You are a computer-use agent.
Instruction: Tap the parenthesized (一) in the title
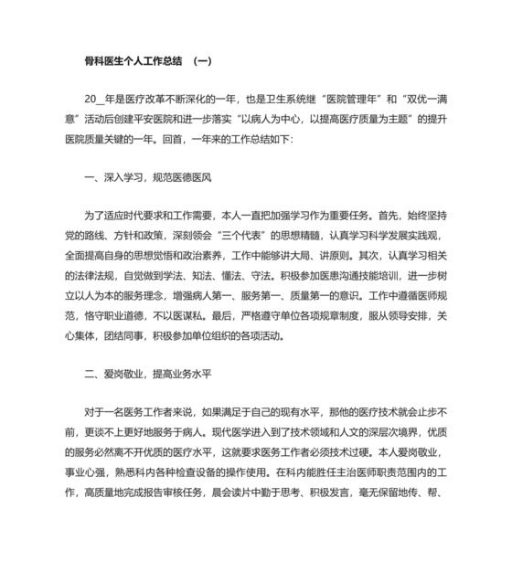click(x=202, y=61)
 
